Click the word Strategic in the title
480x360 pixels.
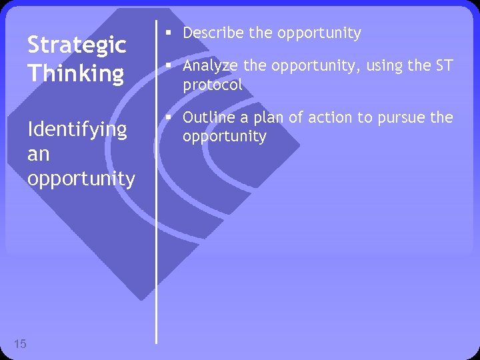76,45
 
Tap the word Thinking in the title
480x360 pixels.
75,73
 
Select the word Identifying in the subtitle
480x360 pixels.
77,129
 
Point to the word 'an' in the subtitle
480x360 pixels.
38,154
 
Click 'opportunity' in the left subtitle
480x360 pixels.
81,179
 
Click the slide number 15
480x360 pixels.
20,344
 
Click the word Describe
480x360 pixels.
213,33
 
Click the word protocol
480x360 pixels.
213,85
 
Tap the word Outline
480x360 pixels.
207,117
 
